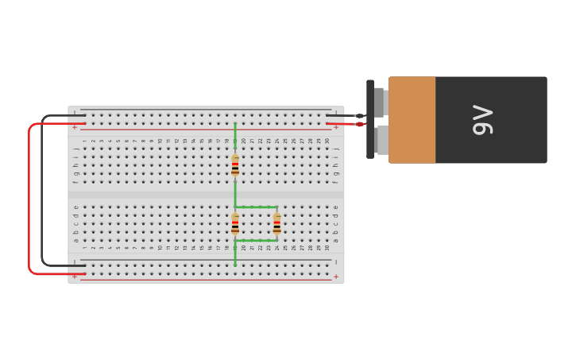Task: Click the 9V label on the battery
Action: click(x=482, y=120)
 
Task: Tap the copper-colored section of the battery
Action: click(x=412, y=120)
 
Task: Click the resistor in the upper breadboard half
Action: click(x=235, y=165)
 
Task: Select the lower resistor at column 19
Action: click(x=235, y=223)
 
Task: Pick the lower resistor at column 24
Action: click(x=276, y=223)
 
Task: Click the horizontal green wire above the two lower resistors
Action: click(x=256, y=207)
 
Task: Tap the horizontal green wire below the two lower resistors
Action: click(x=256, y=240)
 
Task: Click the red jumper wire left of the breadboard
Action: click(x=29, y=199)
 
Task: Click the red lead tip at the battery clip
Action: click(x=359, y=124)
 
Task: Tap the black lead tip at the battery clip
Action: click(x=359, y=116)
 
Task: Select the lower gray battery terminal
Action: click(x=382, y=140)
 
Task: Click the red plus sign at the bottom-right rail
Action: click(x=335, y=277)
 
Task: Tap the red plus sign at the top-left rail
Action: click(x=75, y=127)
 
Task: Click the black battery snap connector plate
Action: click(x=370, y=119)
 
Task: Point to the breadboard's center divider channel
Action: click(x=207, y=194)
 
